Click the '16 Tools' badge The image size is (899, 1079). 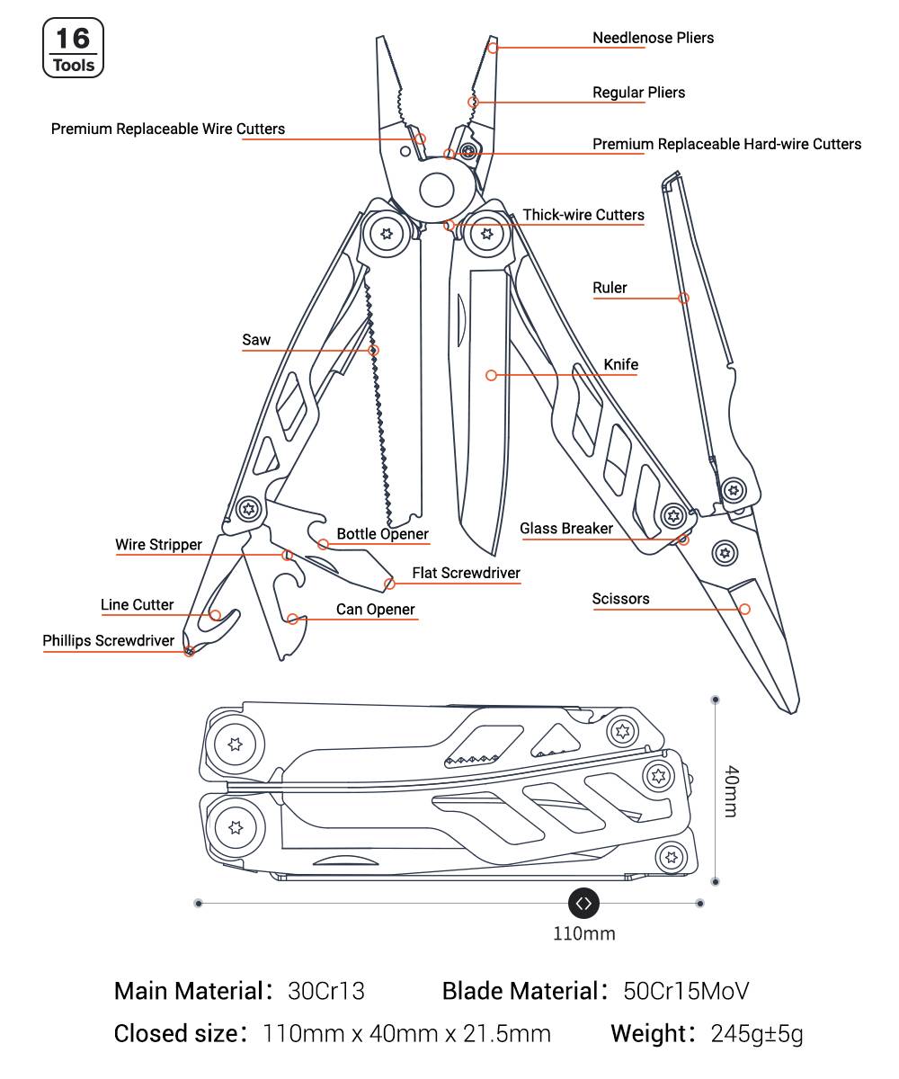click(73, 48)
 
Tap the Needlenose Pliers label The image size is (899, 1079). click(653, 38)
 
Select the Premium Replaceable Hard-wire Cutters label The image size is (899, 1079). click(726, 144)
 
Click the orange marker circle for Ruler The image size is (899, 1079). click(683, 298)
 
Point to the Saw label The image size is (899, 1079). click(256, 340)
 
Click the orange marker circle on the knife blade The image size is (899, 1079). click(491, 375)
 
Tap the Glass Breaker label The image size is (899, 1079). click(566, 528)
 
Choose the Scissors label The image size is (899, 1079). click(620, 599)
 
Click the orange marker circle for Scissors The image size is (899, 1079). click(744, 609)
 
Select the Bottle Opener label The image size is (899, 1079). click(382, 533)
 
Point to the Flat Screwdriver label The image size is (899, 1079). click(466, 573)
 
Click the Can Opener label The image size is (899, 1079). click(375, 610)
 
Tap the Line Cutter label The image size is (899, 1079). click(137, 604)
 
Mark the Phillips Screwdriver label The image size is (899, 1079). click(109, 640)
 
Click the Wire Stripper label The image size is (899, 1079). click(158, 544)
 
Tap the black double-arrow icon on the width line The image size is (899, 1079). click(583, 904)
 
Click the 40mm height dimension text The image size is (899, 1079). click(731, 791)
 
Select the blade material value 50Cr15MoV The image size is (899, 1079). click(686, 991)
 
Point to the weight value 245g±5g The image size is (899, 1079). click(757, 1034)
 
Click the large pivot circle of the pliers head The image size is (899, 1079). click(437, 190)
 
